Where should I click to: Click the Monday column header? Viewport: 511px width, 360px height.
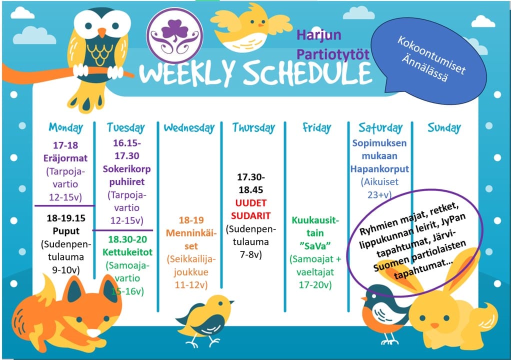(x=66, y=127)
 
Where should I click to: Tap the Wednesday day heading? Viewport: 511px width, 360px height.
(x=189, y=127)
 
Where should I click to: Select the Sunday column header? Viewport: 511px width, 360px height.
(x=444, y=127)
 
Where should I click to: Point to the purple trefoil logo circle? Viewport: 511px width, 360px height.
(x=174, y=36)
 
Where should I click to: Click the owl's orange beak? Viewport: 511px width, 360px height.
(x=102, y=32)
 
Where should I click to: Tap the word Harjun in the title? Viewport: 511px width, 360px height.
(x=319, y=35)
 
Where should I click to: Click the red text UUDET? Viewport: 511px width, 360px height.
(x=251, y=203)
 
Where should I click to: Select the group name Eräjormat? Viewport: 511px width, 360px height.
(x=65, y=158)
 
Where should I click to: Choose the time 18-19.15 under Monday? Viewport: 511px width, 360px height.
(x=66, y=218)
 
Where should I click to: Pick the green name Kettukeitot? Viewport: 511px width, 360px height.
(x=127, y=252)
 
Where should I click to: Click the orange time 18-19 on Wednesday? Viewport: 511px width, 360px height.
(x=191, y=220)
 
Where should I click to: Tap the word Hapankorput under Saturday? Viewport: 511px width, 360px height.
(x=379, y=169)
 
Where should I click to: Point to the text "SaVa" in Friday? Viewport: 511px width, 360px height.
(x=315, y=246)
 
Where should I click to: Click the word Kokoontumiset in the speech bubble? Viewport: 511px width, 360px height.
(x=431, y=55)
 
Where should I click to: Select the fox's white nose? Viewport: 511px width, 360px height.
(x=93, y=332)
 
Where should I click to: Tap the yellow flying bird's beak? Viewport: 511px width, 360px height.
(x=261, y=25)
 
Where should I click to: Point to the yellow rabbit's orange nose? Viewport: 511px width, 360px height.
(x=434, y=325)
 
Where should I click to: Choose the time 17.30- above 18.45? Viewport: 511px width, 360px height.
(x=251, y=177)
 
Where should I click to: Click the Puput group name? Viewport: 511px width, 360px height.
(x=66, y=231)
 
